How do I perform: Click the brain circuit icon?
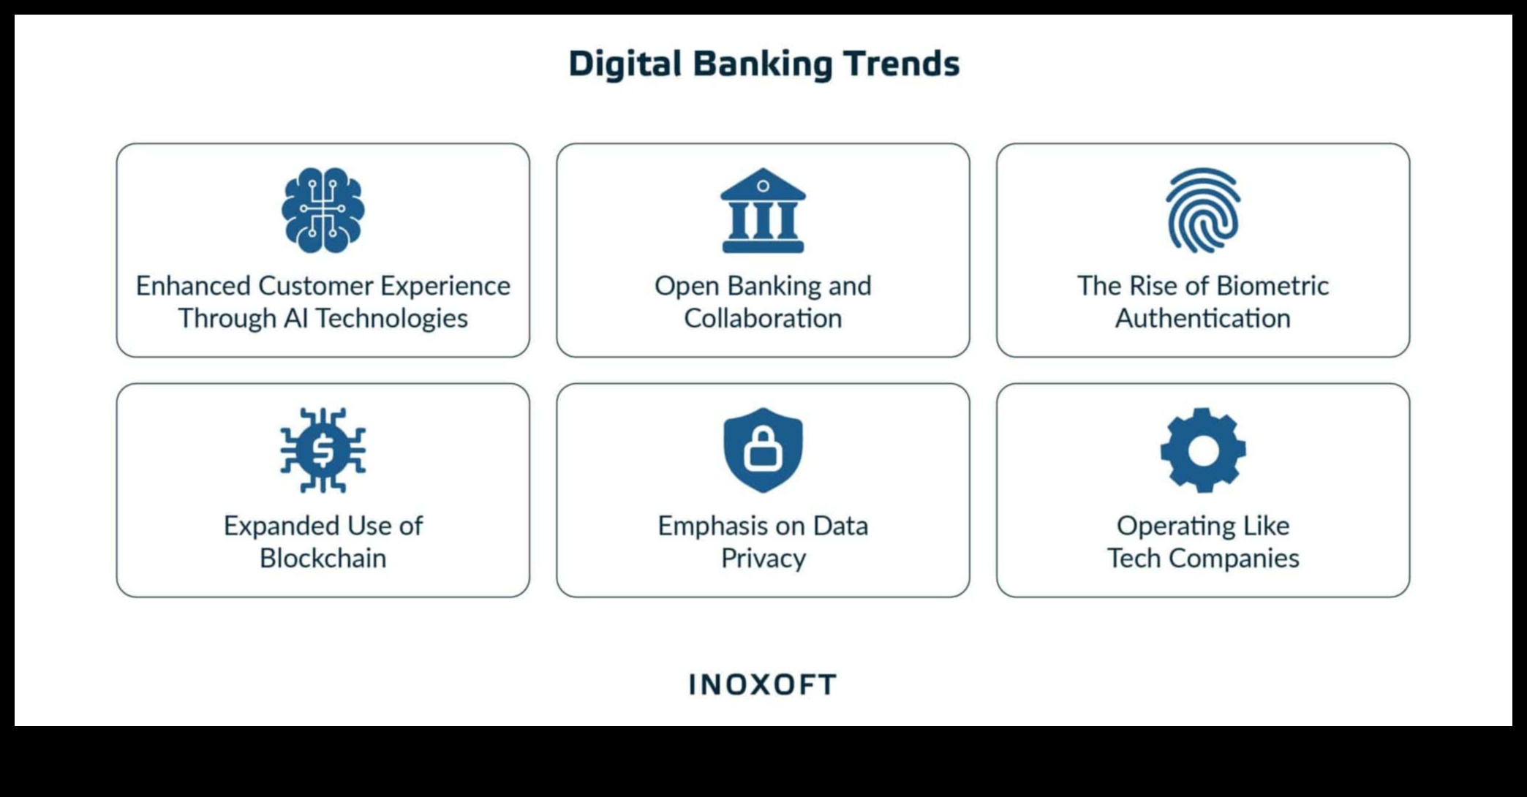click(323, 211)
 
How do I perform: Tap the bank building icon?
click(763, 211)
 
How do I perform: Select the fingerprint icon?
click(1203, 211)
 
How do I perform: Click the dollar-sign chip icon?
click(323, 450)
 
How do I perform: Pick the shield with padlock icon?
click(763, 450)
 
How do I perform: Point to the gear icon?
click(1203, 450)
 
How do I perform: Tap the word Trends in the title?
click(902, 64)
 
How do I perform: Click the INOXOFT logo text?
click(763, 684)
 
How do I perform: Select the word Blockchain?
click(323, 558)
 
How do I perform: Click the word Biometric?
click(1272, 285)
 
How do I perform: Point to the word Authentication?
click(1203, 318)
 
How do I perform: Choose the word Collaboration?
click(763, 318)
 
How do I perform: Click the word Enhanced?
click(194, 285)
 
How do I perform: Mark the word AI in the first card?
click(295, 318)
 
